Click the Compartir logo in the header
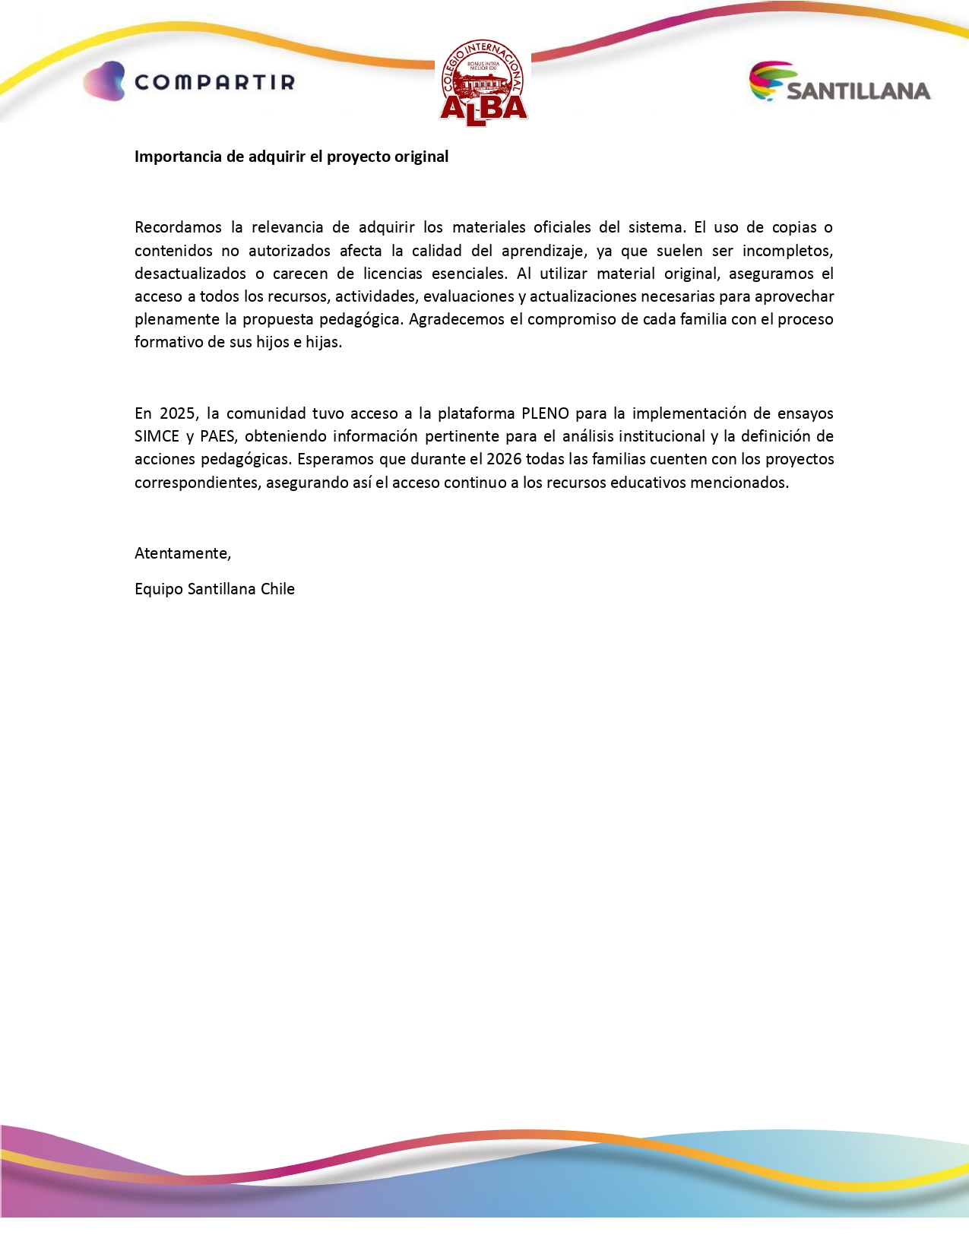pos(188,81)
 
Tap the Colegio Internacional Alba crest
pos(483,83)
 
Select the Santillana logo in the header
pos(840,82)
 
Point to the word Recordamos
pos(178,227)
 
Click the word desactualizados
pos(190,274)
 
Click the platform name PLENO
pos(545,413)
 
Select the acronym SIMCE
pos(157,436)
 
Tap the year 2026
pos(504,459)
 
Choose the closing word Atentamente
pos(182,553)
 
